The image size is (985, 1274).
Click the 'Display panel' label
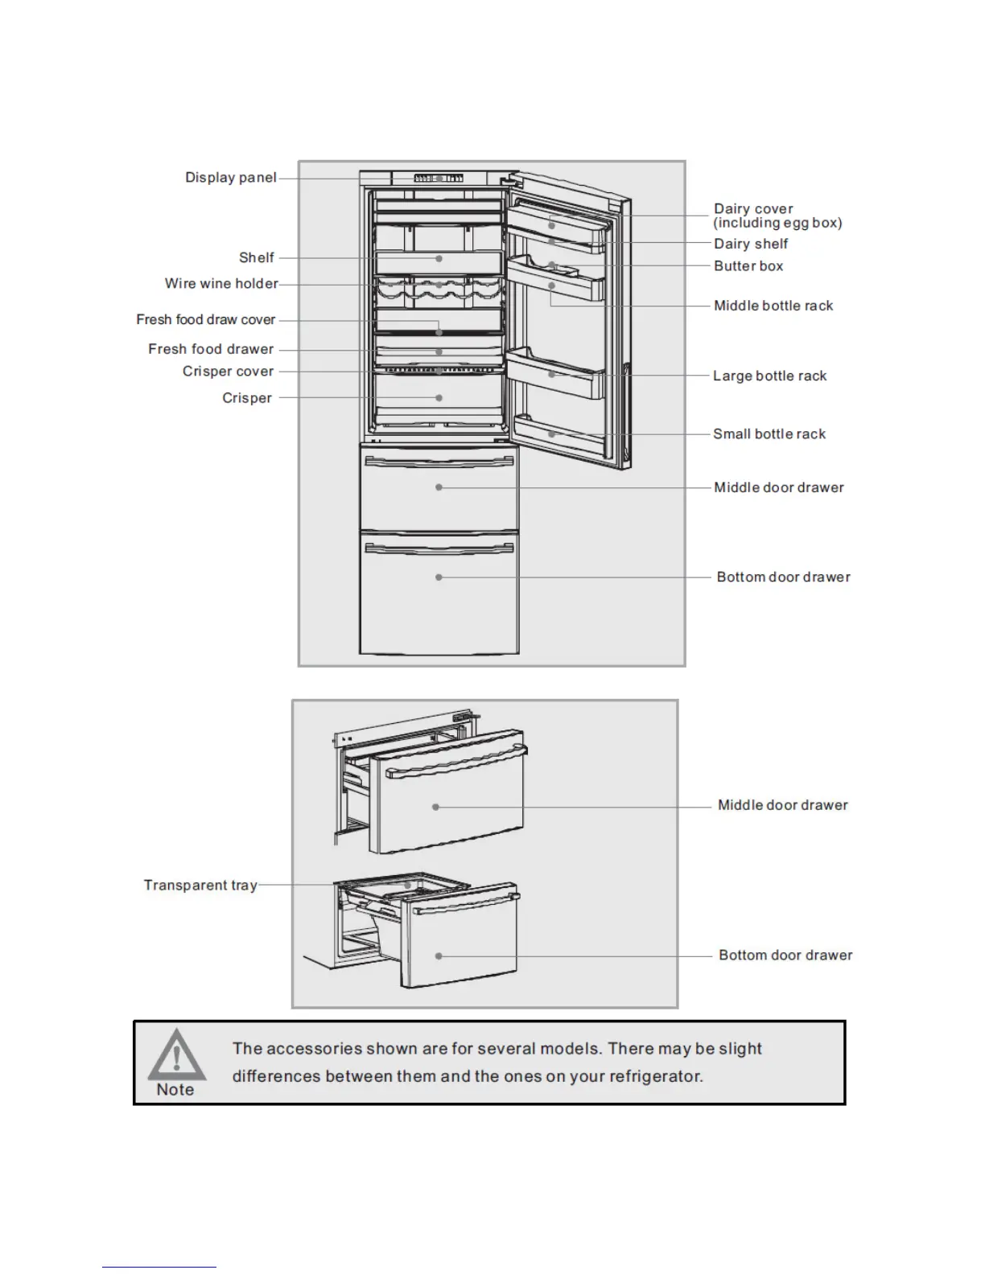pos(230,178)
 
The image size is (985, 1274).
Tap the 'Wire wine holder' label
pos(221,284)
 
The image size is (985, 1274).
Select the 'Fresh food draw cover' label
pos(205,320)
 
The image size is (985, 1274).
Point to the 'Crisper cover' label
pos(228,372)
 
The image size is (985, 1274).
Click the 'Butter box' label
pos(748,266)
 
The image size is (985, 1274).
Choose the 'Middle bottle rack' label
pos(773,306)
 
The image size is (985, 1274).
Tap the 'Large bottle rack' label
pos(769,376)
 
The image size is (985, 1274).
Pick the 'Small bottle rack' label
pos(769,434)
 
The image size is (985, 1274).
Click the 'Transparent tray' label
pos(200,886)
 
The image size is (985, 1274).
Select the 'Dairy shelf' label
pos(751,244)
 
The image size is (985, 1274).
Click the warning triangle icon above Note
pos(176,1054)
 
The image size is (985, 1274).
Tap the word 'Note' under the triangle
pos(175,1090)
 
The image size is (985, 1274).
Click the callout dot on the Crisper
pos(439,398)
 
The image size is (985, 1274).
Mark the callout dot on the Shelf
pos(439,259)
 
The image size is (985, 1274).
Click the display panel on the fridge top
pos(439,178)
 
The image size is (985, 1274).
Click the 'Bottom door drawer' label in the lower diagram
pos(785,955)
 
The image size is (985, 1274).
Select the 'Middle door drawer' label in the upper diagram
pos(779,487)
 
